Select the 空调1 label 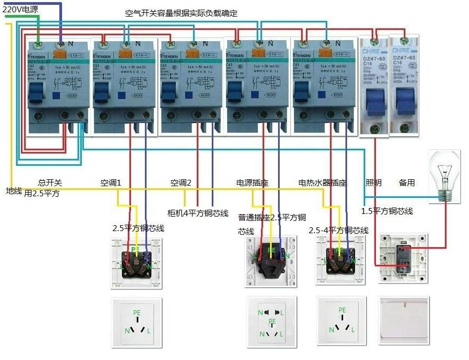coord(111,182)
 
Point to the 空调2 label coord(181,182)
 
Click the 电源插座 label coord(252,182)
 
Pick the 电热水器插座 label coord(322,182)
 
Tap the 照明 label coord(374,182)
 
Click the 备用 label coord(406,182)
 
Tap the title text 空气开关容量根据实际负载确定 coord(181,13)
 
